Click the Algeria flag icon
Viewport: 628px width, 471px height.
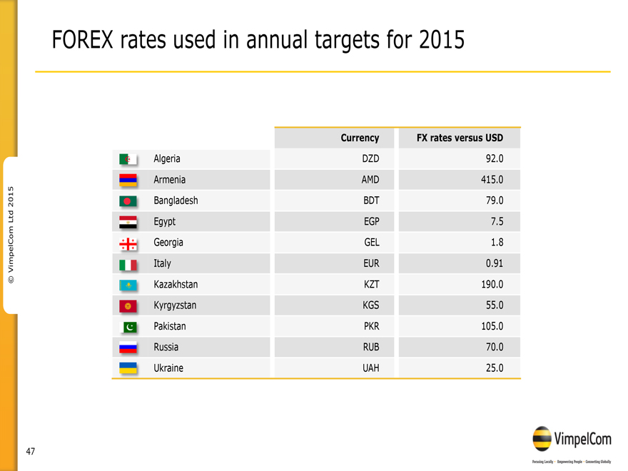[x=128, y=159]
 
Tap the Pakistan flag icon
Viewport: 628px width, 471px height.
[x=128, y=327]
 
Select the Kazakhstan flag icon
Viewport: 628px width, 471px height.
[x=128, y=285]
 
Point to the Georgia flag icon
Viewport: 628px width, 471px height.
[x=128, y=243]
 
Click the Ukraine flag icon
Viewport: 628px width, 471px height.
[x=128, y=368]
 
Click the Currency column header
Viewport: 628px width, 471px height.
[x=360, y=138]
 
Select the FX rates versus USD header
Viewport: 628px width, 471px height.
[x=460, y=138]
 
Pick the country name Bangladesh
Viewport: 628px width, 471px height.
[x=176, y=201]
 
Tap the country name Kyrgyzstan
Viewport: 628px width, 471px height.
[x=175, y=305]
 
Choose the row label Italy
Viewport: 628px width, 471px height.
[x=162, y=263]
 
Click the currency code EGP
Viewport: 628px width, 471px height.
[x=371, y=222]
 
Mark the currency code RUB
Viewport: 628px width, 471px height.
[x=371, y=348]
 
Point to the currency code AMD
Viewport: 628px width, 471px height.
[x=370, y=180]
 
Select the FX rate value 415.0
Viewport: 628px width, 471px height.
[x=491, y=180]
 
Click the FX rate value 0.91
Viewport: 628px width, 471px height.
[x=493, y=263]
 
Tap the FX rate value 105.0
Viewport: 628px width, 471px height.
[x=491, y=326]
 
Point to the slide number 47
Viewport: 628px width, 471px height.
[x=31, y=451]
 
